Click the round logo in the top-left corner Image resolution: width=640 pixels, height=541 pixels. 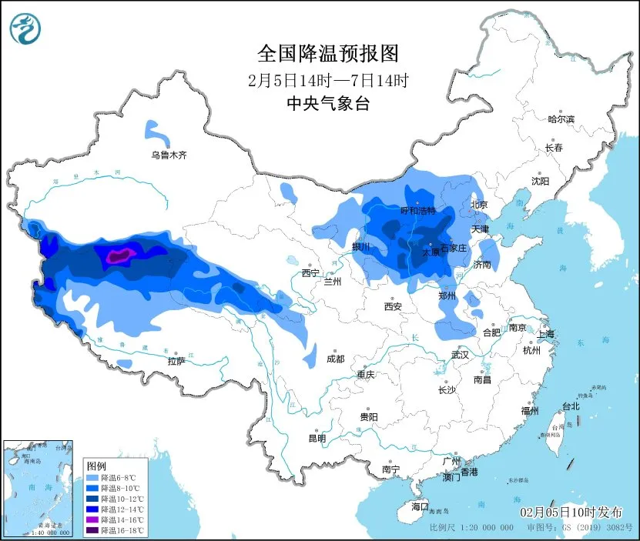click(25, 29)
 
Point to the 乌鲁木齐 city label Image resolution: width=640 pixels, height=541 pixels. click(169, 155)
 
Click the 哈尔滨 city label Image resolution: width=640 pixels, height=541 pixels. click(561, 119)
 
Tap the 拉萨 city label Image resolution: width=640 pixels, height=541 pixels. click(176, 361)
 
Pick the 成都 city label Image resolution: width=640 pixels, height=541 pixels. click(335, 359)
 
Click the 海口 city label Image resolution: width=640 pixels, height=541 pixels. click(419, 506)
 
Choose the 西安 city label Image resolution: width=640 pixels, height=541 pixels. click(392, 306)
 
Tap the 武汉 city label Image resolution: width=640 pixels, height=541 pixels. click(461, 355)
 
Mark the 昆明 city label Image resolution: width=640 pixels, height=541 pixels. click(317, 438)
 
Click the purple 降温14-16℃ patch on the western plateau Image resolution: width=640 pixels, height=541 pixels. click(119, 256)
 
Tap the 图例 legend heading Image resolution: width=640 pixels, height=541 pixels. click(96, 466)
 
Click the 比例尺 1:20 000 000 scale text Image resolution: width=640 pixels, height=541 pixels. click(471, 528)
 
